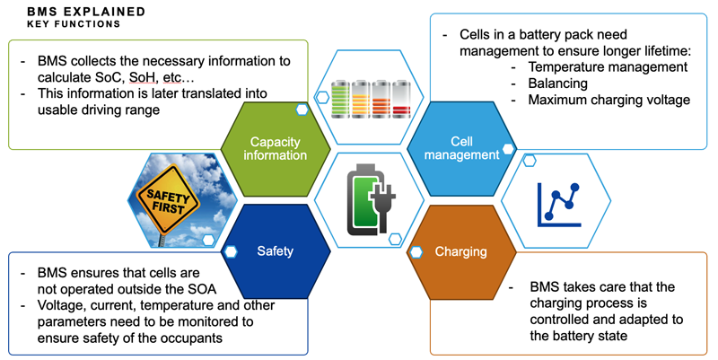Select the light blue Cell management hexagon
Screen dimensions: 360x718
[x=460, y=148]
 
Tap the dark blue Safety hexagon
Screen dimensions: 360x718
[x=275, y=250]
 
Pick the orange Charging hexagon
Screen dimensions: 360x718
[x=460, y=251]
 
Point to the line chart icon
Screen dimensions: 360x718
[x=559, y=201]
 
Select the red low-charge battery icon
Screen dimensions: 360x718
[x=400, y=100]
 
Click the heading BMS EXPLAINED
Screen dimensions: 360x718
[x=86, y=12]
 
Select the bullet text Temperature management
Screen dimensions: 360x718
[x=608, y=67]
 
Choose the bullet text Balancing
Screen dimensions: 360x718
[x=557, y=83]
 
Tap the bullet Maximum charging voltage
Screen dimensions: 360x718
[x=609, y=100]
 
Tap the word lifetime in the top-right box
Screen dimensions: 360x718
[x=656, y=50]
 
